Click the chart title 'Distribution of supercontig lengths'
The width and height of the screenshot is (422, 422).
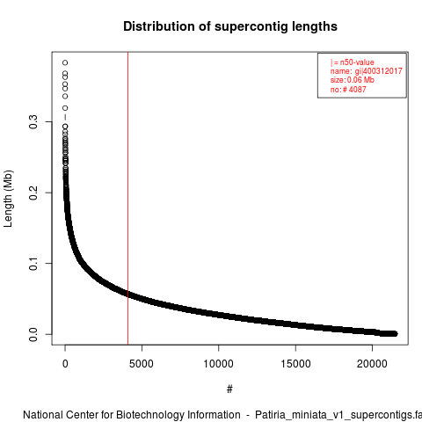230,26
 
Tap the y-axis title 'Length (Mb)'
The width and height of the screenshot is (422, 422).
8,199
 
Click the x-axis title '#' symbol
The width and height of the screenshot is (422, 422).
229,389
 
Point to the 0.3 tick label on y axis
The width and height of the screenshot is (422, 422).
33,121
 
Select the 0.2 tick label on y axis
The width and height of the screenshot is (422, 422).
33,193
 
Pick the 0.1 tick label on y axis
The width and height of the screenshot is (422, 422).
33,263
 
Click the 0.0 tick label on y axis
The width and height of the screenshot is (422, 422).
33,334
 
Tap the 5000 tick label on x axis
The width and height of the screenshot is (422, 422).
142,364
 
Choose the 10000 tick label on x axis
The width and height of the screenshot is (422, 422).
219,364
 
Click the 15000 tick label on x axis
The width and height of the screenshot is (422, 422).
295,364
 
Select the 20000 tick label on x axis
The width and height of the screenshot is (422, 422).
372,364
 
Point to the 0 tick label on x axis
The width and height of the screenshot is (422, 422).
65,364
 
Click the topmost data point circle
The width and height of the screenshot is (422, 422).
65,62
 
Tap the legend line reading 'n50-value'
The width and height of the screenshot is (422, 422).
357,62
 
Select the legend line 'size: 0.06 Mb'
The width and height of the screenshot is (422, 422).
353,80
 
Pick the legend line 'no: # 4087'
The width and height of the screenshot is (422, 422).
348,89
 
